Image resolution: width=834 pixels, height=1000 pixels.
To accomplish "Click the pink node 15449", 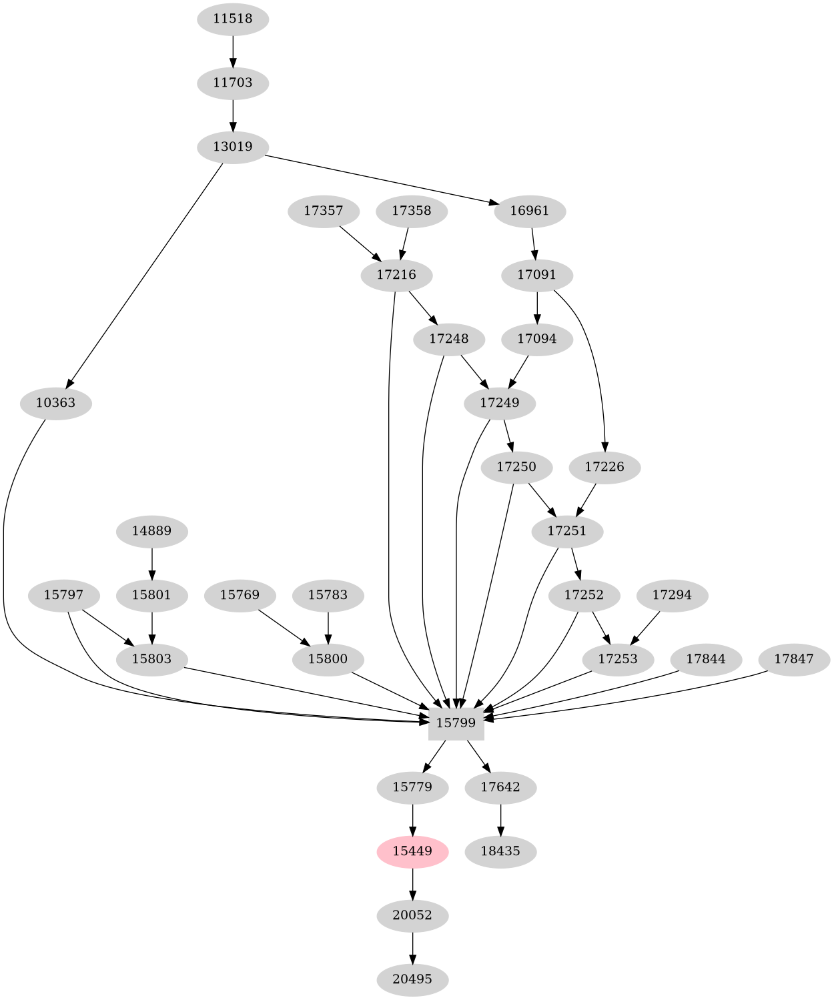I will click(412, 851).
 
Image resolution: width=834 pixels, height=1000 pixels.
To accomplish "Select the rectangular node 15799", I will click(456, 722).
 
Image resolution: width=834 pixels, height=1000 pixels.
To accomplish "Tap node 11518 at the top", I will click(233, 19).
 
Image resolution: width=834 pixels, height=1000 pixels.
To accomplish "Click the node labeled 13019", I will click(233, 147).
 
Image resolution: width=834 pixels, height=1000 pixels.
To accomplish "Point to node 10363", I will click(55, 403).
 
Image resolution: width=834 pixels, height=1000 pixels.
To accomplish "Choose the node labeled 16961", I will click(530, 211).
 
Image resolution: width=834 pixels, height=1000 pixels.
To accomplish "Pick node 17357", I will click(324, 211).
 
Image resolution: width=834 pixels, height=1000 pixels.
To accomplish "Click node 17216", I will click(396, 275).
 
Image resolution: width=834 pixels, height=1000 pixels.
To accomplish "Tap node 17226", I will click(604, 467).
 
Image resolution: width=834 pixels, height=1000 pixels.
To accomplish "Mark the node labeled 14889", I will click(152, 531).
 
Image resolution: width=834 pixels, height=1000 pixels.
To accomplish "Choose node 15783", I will click(328, 595).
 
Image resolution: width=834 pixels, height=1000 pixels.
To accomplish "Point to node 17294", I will click(673, 595).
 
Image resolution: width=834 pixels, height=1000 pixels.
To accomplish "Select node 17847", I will click(793, 659).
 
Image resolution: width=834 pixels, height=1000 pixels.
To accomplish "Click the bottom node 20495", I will click(412, 979).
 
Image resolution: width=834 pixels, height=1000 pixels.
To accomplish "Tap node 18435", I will click(500, 851).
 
